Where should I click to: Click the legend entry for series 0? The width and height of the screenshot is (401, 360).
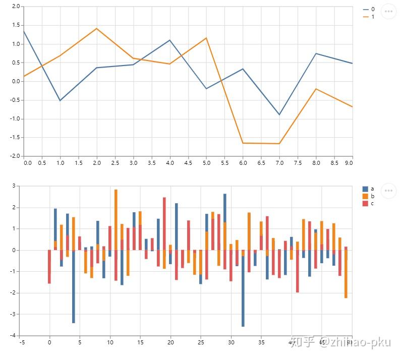pos(369,9)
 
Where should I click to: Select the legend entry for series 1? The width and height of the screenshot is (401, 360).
pos(369,17)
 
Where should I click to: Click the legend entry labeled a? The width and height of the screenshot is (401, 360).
pos(369,189)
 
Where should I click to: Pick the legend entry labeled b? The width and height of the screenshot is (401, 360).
pos(369,196)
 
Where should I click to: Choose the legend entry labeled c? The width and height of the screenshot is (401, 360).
pos(369,203)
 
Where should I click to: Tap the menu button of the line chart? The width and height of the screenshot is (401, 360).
pos(388,11)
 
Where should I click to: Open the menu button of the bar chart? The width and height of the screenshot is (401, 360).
pos(388,190)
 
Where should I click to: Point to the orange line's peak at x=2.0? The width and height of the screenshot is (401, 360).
pos(96,28)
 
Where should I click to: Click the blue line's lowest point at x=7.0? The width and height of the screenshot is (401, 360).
pos(279,114)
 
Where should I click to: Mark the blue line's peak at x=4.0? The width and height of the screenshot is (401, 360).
pos(169,40)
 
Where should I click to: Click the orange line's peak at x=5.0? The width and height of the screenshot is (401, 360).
pos(206,38)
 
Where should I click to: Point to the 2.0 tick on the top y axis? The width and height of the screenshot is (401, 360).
pos(16,7)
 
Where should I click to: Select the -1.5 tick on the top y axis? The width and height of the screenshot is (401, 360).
pos(15,137)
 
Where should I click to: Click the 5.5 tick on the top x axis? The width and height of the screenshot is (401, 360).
pos(224,163)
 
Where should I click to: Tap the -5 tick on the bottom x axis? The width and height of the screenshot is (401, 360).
pos(22,342)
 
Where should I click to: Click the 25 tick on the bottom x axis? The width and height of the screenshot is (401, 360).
pos(201,342)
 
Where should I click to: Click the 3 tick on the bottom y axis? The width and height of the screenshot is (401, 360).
pos(15,186)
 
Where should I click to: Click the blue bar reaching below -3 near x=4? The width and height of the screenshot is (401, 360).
pos(74,287)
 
